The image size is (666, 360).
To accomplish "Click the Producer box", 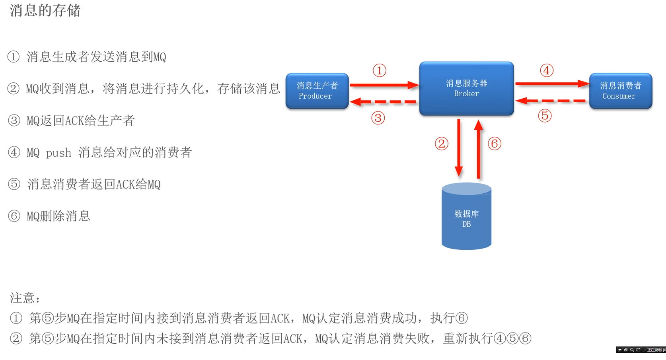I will (x=317, y=91).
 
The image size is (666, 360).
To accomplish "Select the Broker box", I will (x=466, y=88).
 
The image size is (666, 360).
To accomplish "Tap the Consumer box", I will (x=620, y=91).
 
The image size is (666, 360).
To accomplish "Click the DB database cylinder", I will (x=466, y=217).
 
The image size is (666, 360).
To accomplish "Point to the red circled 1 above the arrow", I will (x=379, y=71).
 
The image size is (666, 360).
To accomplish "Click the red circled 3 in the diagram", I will (x=378, y=118).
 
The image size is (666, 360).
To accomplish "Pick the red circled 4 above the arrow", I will (x=547, y=71).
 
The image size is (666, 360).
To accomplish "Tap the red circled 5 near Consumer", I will (x=545, y=116).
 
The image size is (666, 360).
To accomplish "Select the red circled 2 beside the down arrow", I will (x=441, y=144).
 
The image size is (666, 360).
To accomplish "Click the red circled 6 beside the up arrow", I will (x=494, y=144).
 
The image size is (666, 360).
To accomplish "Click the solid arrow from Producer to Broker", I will (x=384, y=85).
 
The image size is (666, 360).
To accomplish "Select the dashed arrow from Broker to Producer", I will (x=384, y=102).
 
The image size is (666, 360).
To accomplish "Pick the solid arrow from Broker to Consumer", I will (x=551, y=84).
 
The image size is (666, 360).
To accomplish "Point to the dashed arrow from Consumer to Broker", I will (x=551, y=101).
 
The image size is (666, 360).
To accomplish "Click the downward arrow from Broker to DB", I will (x=459, y=147).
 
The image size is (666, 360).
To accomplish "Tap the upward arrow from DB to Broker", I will (x=479, y=149).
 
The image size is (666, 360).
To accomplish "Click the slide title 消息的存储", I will (x=45, y=11).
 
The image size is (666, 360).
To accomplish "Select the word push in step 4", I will (x=58, y=153).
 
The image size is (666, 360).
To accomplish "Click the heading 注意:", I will (x=25, y=298).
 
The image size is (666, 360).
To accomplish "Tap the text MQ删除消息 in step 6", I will (x=58, y=216).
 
